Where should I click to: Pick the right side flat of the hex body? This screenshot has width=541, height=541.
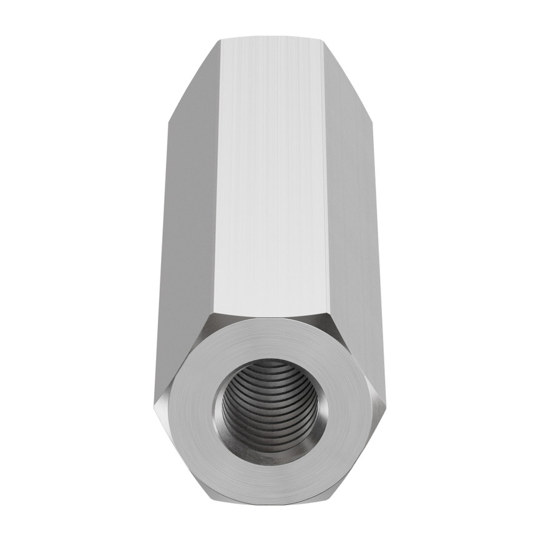tap(349, 237)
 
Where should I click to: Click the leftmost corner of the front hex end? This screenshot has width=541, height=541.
tap(154, 409)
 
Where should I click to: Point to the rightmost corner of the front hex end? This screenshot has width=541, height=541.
tap(386, 409)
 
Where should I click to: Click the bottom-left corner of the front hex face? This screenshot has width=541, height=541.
tap(212, 503)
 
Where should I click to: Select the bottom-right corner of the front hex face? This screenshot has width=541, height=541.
tap(328, 503)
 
